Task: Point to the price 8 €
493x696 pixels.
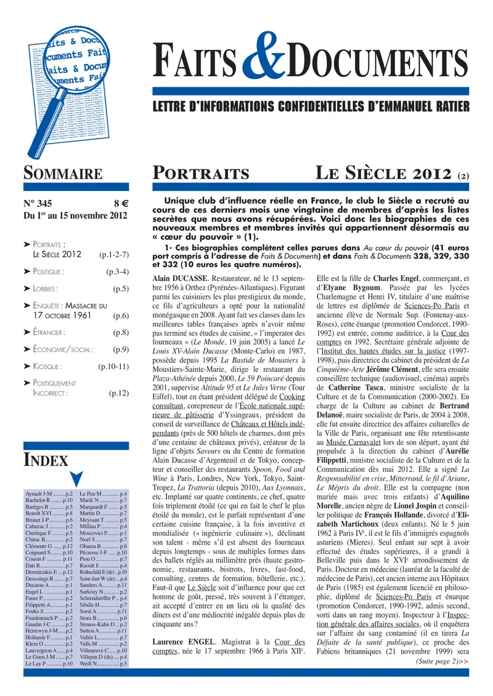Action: coord(120,204)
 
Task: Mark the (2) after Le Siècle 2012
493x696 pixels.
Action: coord(463,175)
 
